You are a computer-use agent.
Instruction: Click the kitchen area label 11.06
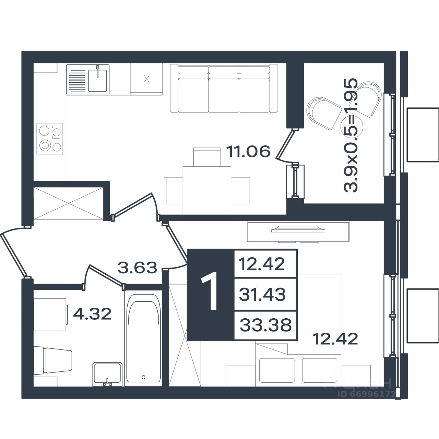point(248,152)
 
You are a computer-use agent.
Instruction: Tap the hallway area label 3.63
point(138,267)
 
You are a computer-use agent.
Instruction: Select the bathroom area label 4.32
point(92,313)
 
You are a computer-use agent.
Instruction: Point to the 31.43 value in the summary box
point(262,294)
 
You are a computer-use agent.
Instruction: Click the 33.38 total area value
point(266,325)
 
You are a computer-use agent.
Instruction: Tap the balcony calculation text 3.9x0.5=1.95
point(351,135)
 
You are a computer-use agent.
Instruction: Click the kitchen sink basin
point(97,80)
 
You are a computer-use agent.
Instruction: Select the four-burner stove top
point(50,139)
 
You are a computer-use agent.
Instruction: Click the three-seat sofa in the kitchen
point(224,88)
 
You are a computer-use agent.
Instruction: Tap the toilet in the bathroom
point(53,360)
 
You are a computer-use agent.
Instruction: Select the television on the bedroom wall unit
point(298,229)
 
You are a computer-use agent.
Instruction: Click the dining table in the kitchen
point(207,190)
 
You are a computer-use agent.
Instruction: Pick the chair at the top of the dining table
point(207,157)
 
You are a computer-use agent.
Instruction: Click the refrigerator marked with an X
point(146,79)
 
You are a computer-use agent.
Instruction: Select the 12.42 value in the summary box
point(262,264)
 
